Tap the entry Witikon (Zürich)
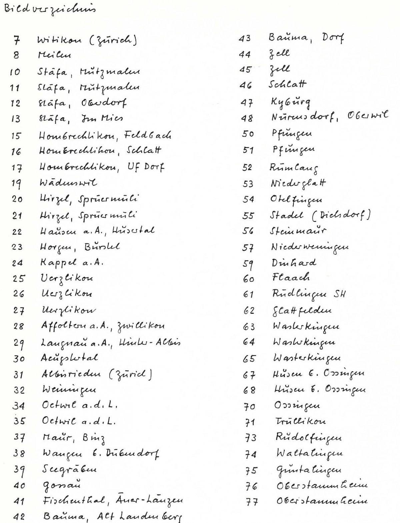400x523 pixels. point(87,40)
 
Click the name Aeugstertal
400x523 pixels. point(70,358)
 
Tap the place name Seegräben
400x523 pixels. point(70,469)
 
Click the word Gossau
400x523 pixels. point(62,485)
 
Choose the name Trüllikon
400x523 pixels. point(296,421)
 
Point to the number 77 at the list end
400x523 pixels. point(250,502)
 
